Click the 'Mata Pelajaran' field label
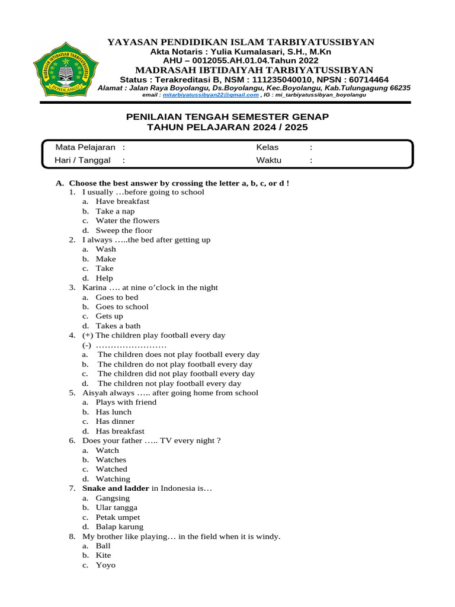click(85, 148)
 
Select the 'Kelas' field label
click(267, 148)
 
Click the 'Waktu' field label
click(268, 160)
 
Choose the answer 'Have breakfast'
click(122, 202)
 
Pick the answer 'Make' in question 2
click(105, 259)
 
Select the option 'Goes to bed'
click(117, 298)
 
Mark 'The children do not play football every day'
click(175, 365)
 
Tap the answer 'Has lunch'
click(114, 412)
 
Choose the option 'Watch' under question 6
click(107, 451)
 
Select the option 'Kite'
click(103, 555)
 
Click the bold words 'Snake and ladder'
click(116, 488)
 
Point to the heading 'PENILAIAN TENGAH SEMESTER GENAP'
click(227, 117)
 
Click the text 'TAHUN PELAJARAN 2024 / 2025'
click(227, 127)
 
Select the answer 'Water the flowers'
click(127, 221)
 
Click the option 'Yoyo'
click(105, 566)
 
